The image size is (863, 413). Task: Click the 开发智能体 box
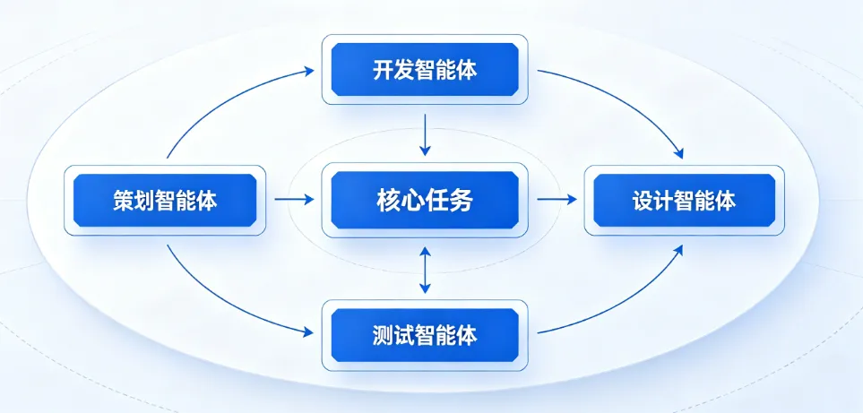(425, 71)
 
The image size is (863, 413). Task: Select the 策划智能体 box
(166, 200)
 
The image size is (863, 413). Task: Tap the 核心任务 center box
(425, 200)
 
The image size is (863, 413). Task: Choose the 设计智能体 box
(684, 200)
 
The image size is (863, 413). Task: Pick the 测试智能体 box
(425, 336)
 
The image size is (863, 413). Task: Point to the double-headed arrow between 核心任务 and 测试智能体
(426, 270)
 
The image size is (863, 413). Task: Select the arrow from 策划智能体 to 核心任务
(294, 200)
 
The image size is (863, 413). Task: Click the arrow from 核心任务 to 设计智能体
(557, 200)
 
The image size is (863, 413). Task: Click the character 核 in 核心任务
(388, 200)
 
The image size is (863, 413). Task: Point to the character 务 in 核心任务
(462, 200)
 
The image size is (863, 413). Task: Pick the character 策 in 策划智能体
(125, 200)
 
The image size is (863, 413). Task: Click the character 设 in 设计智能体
(643, 200)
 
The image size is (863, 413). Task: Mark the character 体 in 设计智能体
(725, 200)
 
